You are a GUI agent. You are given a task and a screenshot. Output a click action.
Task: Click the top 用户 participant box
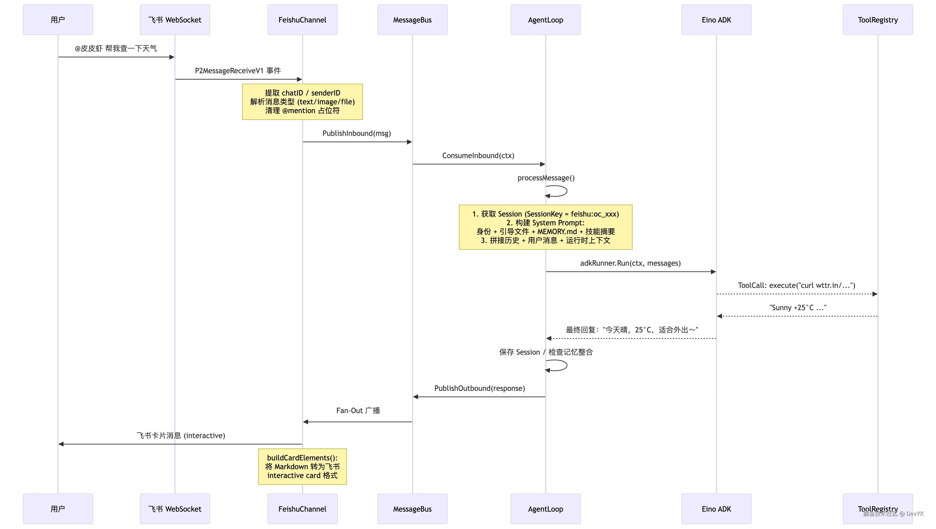coord(58,20)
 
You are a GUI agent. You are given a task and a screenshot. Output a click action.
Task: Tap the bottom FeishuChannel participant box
coord(302,509)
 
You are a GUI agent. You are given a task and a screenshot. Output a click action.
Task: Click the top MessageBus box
coord(412,20)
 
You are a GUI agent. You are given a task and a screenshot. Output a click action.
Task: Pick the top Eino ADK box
coord(716,20)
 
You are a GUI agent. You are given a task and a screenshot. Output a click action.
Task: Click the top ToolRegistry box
coord(878,20)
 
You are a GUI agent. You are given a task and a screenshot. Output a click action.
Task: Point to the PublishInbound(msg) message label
coord(356,133)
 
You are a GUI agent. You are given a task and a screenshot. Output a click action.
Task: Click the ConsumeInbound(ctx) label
coord(478,156)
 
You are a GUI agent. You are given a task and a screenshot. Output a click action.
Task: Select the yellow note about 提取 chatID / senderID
coord(302,102)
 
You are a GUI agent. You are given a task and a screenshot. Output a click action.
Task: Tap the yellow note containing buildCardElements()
coord(302,466)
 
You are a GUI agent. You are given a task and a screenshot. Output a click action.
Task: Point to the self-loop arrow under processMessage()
coord(558,191)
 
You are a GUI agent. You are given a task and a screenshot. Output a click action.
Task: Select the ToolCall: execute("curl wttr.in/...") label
coord(796,285)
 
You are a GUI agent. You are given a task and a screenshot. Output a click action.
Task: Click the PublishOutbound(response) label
coord(479,388)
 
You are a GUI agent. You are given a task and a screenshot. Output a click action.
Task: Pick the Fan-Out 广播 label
coord(358,411)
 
